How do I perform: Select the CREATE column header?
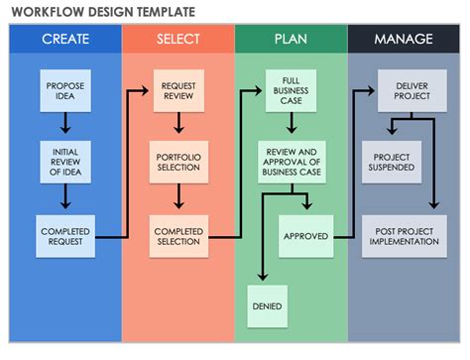(65, 40)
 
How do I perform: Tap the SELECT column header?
(178, 40)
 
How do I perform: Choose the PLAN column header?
(292, 40)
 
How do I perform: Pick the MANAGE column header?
(404, 40)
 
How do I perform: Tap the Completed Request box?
(65, 236)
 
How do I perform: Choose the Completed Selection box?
(178, 236)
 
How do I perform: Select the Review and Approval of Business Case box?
(292, 162)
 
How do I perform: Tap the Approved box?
(305, 236)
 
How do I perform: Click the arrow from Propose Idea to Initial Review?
(65, 124)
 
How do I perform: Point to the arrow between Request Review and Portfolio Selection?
(178, 125)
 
